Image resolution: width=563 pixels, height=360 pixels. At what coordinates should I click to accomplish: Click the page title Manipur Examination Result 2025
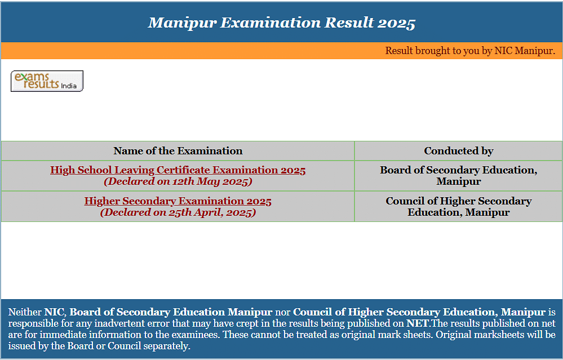[282, 23]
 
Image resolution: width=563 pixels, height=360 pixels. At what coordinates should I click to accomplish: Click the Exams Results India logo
[47, 81]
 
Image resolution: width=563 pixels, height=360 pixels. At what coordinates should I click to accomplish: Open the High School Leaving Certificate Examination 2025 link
[178, 170]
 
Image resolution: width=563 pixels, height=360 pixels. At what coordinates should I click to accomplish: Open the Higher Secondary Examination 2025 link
[178, 201]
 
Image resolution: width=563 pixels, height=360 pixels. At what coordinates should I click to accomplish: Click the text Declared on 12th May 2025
[178, 181]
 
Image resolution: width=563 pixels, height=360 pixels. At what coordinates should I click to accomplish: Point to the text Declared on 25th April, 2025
[178, 212]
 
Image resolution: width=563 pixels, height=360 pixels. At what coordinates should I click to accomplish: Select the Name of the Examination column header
[178, 151]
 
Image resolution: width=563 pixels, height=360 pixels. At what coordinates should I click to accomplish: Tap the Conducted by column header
[459, 151]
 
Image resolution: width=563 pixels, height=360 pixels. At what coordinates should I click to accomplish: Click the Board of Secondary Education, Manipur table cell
[459, 176]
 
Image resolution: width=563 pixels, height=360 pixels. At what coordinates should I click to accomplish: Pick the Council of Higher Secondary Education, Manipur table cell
[459, 206]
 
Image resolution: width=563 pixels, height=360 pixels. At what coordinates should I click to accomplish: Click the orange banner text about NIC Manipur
[470, 51]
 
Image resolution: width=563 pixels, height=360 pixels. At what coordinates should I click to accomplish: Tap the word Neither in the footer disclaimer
[25, 312]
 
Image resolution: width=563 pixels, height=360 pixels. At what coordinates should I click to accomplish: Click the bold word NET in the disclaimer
[417, 323]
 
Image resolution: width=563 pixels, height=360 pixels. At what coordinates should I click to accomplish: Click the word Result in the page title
[349, 23]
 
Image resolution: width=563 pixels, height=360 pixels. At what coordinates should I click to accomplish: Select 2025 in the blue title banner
[397, 24]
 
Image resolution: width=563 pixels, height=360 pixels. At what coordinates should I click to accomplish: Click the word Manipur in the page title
[183, 23]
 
